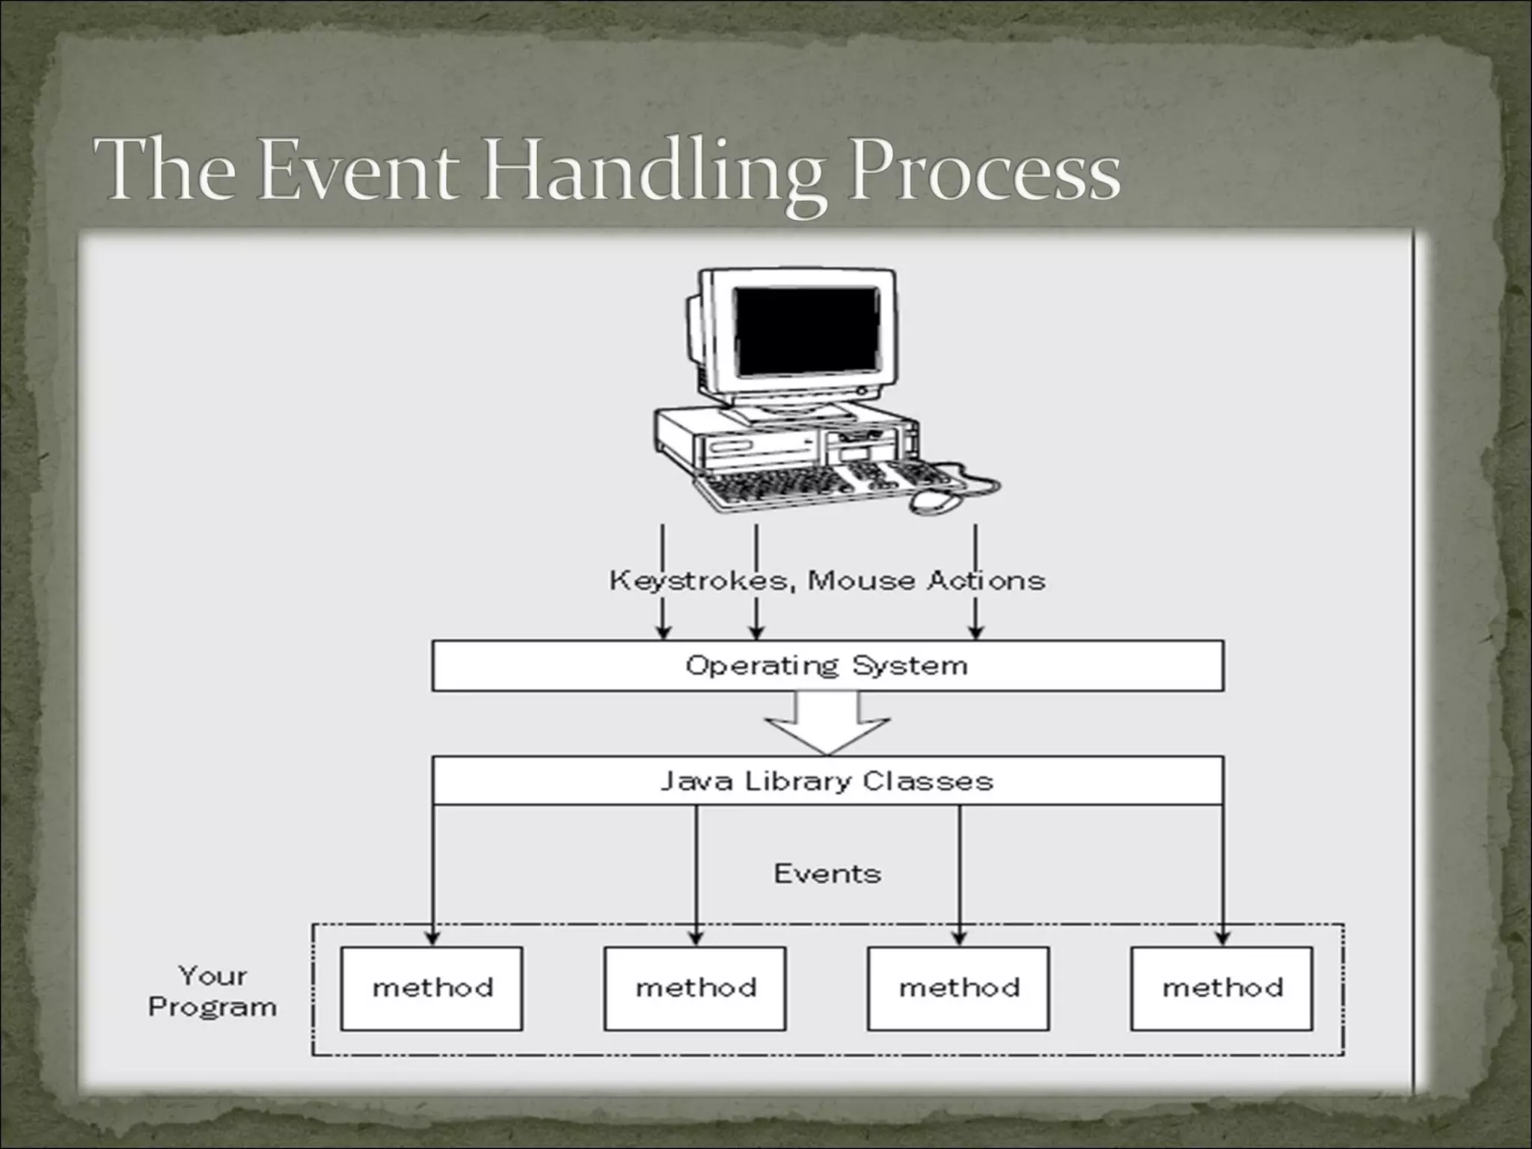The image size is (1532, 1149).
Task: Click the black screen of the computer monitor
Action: coord(806,331)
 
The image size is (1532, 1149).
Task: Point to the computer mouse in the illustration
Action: coord(935,502)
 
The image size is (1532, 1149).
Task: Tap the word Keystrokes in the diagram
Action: coord(699,580)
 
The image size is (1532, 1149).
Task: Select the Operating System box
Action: coord(827,665)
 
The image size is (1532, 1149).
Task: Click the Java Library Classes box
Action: coord(827,781)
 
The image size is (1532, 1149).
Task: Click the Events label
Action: coord(827,874)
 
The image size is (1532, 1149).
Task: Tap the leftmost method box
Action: coord(432,988)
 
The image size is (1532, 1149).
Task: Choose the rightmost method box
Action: coord(1222,988)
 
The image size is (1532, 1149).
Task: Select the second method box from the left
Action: coord(695,988)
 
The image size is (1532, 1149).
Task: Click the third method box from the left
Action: coord(958,988)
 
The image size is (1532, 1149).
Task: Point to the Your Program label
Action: coord(212,991)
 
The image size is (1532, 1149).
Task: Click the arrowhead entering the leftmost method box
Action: coord(432,937)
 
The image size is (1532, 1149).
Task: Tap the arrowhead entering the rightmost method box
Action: coord(1223,937)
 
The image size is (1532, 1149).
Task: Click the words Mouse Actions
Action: coord(927,580)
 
